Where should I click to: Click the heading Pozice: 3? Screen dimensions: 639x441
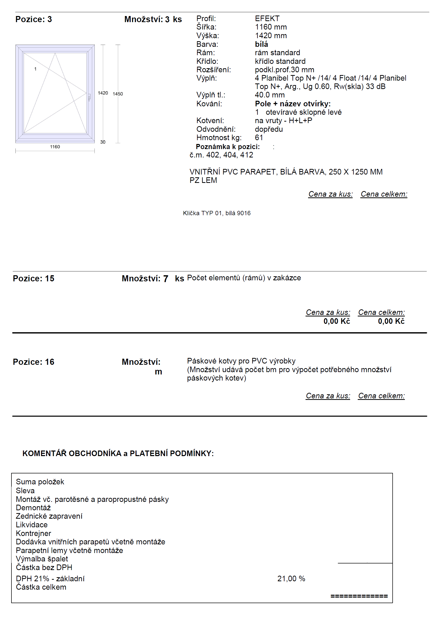tap(33, 19)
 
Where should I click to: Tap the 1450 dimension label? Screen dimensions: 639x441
tap(118, 94)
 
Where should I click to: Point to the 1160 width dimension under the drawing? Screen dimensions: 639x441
tap(55, 147)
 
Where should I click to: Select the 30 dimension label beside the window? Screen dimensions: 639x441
tap(103, 142)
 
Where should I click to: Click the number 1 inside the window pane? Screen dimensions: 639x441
tap(35, 69)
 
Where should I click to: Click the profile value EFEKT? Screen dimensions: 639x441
tap(267, 19)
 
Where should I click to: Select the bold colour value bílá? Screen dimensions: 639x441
tap(261, 44)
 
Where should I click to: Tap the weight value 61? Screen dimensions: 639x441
tap(259, 137)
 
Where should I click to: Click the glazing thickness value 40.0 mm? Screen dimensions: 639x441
tap(270, 95)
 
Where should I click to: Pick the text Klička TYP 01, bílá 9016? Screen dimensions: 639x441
tap(217, 213)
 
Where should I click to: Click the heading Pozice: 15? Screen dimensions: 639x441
tap(33, 279)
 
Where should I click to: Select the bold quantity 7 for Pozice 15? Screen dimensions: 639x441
tap(166, 279)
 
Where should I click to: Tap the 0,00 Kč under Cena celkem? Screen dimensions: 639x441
tap(391, 321)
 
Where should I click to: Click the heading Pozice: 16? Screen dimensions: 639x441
tap(33, 362)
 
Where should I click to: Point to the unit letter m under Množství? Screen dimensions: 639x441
tap(158, 372)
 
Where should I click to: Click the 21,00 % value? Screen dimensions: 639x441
tap(291, 578)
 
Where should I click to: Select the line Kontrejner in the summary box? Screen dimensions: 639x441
tap(33, 533)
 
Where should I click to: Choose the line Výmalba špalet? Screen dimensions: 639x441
tap(42, 559)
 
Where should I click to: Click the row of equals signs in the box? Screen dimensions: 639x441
tap(359, 596)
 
